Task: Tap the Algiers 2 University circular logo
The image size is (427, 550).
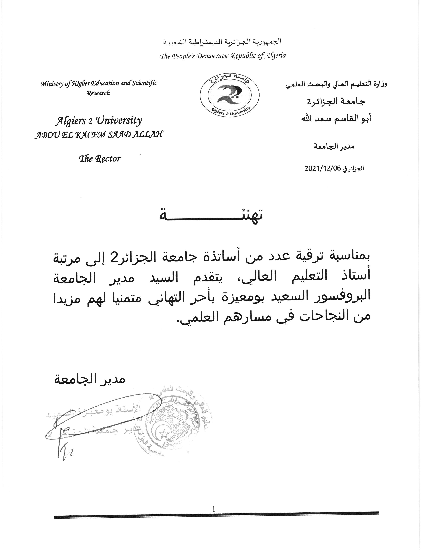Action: [229, 95]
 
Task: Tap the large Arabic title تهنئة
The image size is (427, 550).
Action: [211, 216]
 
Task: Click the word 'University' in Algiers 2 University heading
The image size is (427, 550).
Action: [119, 121]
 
